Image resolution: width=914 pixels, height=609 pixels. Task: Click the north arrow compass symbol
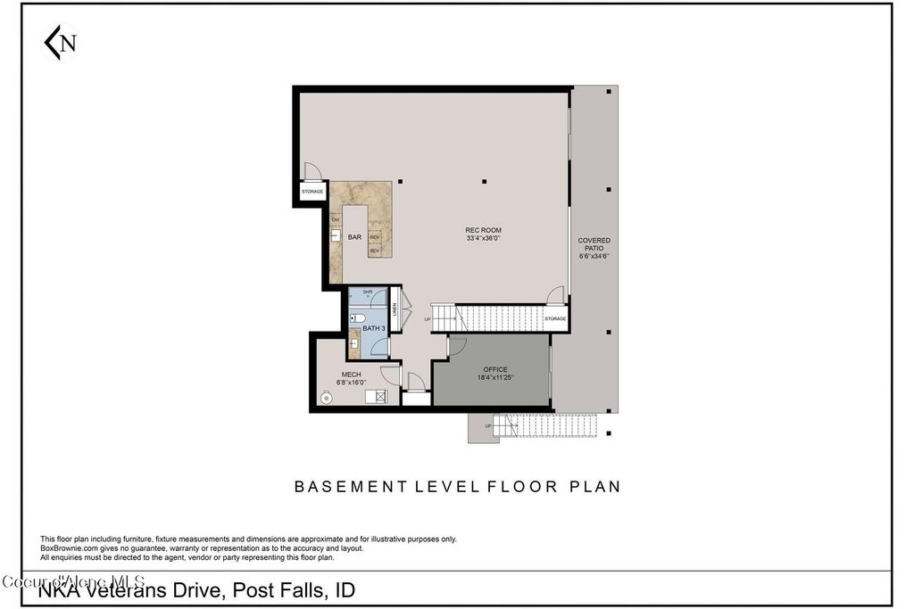click(x=60, y=42)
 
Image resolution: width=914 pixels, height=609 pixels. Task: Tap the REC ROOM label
click(x=483, y=230)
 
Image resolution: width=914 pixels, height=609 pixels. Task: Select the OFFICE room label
click(x=495, y=369)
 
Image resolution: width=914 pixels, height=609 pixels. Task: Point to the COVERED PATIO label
click(x=594, y=241)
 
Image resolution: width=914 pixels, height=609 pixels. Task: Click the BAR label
click(x=354, y=237)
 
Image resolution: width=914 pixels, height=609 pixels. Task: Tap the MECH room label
click(x=351, y=374)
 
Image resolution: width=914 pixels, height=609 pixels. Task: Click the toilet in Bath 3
click(x=357, y=317)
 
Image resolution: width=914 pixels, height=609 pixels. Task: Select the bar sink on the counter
click(x=337, y=236)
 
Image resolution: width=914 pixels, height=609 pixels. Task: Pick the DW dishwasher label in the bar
click(x=336, y=219)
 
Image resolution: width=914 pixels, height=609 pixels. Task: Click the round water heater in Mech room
click(x=326, y=398)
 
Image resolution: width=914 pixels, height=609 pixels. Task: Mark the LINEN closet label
click(x=394, y=309)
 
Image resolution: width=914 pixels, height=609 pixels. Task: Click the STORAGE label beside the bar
click(x=312, y=192)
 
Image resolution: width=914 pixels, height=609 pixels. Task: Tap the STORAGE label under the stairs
click(x=555, y=318)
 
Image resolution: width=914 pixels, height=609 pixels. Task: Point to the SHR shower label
click(x=367, y=292)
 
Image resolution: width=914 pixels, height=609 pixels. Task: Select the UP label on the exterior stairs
click(x=487, y=426)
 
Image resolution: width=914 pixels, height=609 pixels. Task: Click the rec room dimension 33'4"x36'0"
click(x=483, y=239)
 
